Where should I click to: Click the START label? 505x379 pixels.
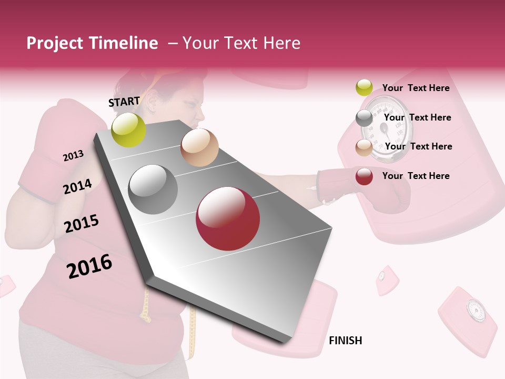[124, 101]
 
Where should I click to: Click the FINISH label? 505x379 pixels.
[345, 341]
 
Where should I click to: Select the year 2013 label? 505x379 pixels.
[73, 155]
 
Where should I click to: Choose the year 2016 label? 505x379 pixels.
[89, 266]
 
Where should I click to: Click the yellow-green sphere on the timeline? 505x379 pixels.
[129, 129]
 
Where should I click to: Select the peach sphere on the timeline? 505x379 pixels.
[199, 147]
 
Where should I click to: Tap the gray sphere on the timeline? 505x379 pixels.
[153, 189]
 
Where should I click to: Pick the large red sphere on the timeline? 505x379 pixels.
[228, 218]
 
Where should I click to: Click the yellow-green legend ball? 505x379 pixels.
[364, 87]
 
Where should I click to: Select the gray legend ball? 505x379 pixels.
[364, 118]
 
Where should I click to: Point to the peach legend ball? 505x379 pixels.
[364, 147]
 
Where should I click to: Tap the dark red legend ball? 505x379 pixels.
[364, 176]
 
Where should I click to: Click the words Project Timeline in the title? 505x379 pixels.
[92, 43]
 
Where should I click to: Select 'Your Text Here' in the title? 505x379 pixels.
[241, 43]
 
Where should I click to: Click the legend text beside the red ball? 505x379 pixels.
[416, 176]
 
